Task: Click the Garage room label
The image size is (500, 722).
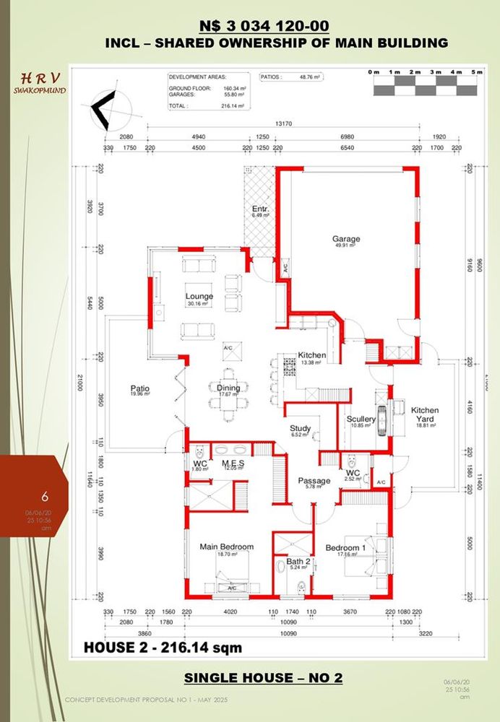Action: (x=346, y=239)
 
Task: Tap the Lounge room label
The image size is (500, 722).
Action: (x=199, y=297)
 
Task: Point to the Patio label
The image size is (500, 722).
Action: (x=140, y=388)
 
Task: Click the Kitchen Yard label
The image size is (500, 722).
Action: (x=425, y=410)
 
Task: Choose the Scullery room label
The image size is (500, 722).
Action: (x=361, y=419)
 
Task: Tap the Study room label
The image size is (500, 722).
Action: (x=300, y=429)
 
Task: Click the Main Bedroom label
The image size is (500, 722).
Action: (x=226, y=547)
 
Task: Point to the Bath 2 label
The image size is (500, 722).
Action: (x=297, y=561)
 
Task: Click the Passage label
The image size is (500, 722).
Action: (x=314, y=481)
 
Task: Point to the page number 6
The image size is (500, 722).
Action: (x=45, y=497)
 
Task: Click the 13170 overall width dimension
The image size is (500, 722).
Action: (x=284, y=123)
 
